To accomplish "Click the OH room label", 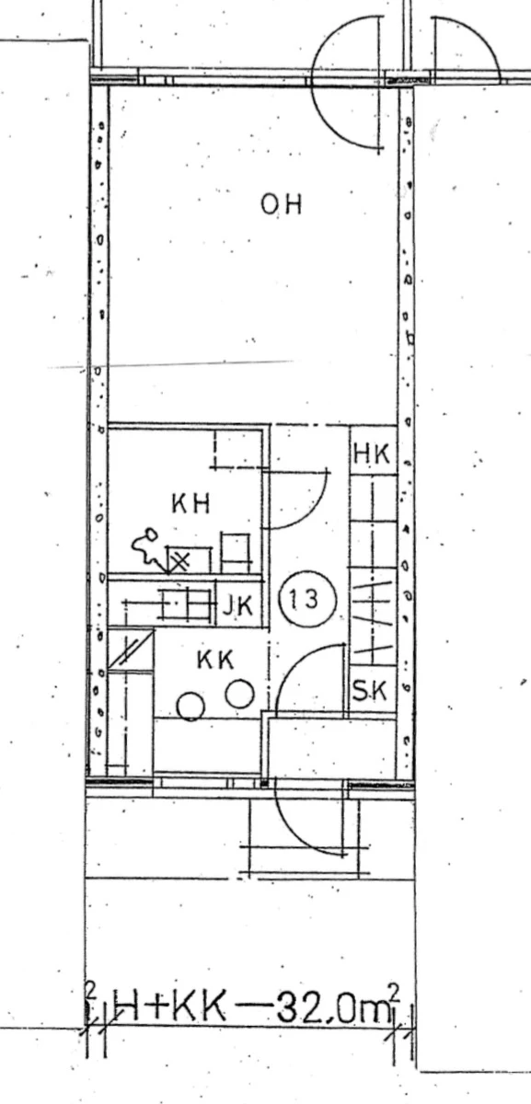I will pyautogui.click(x=282, y=204).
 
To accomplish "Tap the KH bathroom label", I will pyautogui.click(x=191, y=503).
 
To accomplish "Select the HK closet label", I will pyautogui.click(x=372, y=454).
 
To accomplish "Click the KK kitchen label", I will pyautogui.click(x=214, y=660).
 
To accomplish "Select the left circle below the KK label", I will pyautogui.click(x=190, y=707).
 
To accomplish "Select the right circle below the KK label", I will pyautogui.click(x=239, y=694).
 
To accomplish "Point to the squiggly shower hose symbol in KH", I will pyautogui.click(x=144, y=547).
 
